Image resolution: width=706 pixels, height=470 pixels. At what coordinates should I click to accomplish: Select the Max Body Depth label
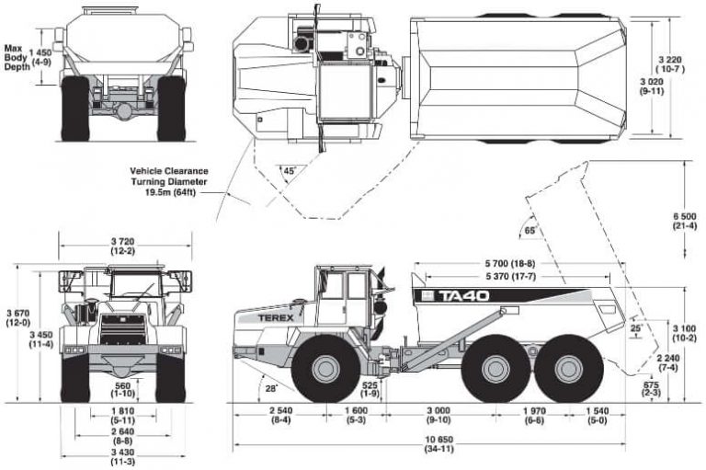pyautogui.click(x=15, y=61)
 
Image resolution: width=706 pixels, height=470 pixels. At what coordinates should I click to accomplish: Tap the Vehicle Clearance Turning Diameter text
pyautogui.click(x=169, y=181)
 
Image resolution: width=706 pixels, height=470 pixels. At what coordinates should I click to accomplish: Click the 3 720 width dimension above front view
pyautogui.click(x=125, y=245)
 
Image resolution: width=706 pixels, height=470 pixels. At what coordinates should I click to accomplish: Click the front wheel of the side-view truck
pyautogui.click(x=324, y=369)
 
